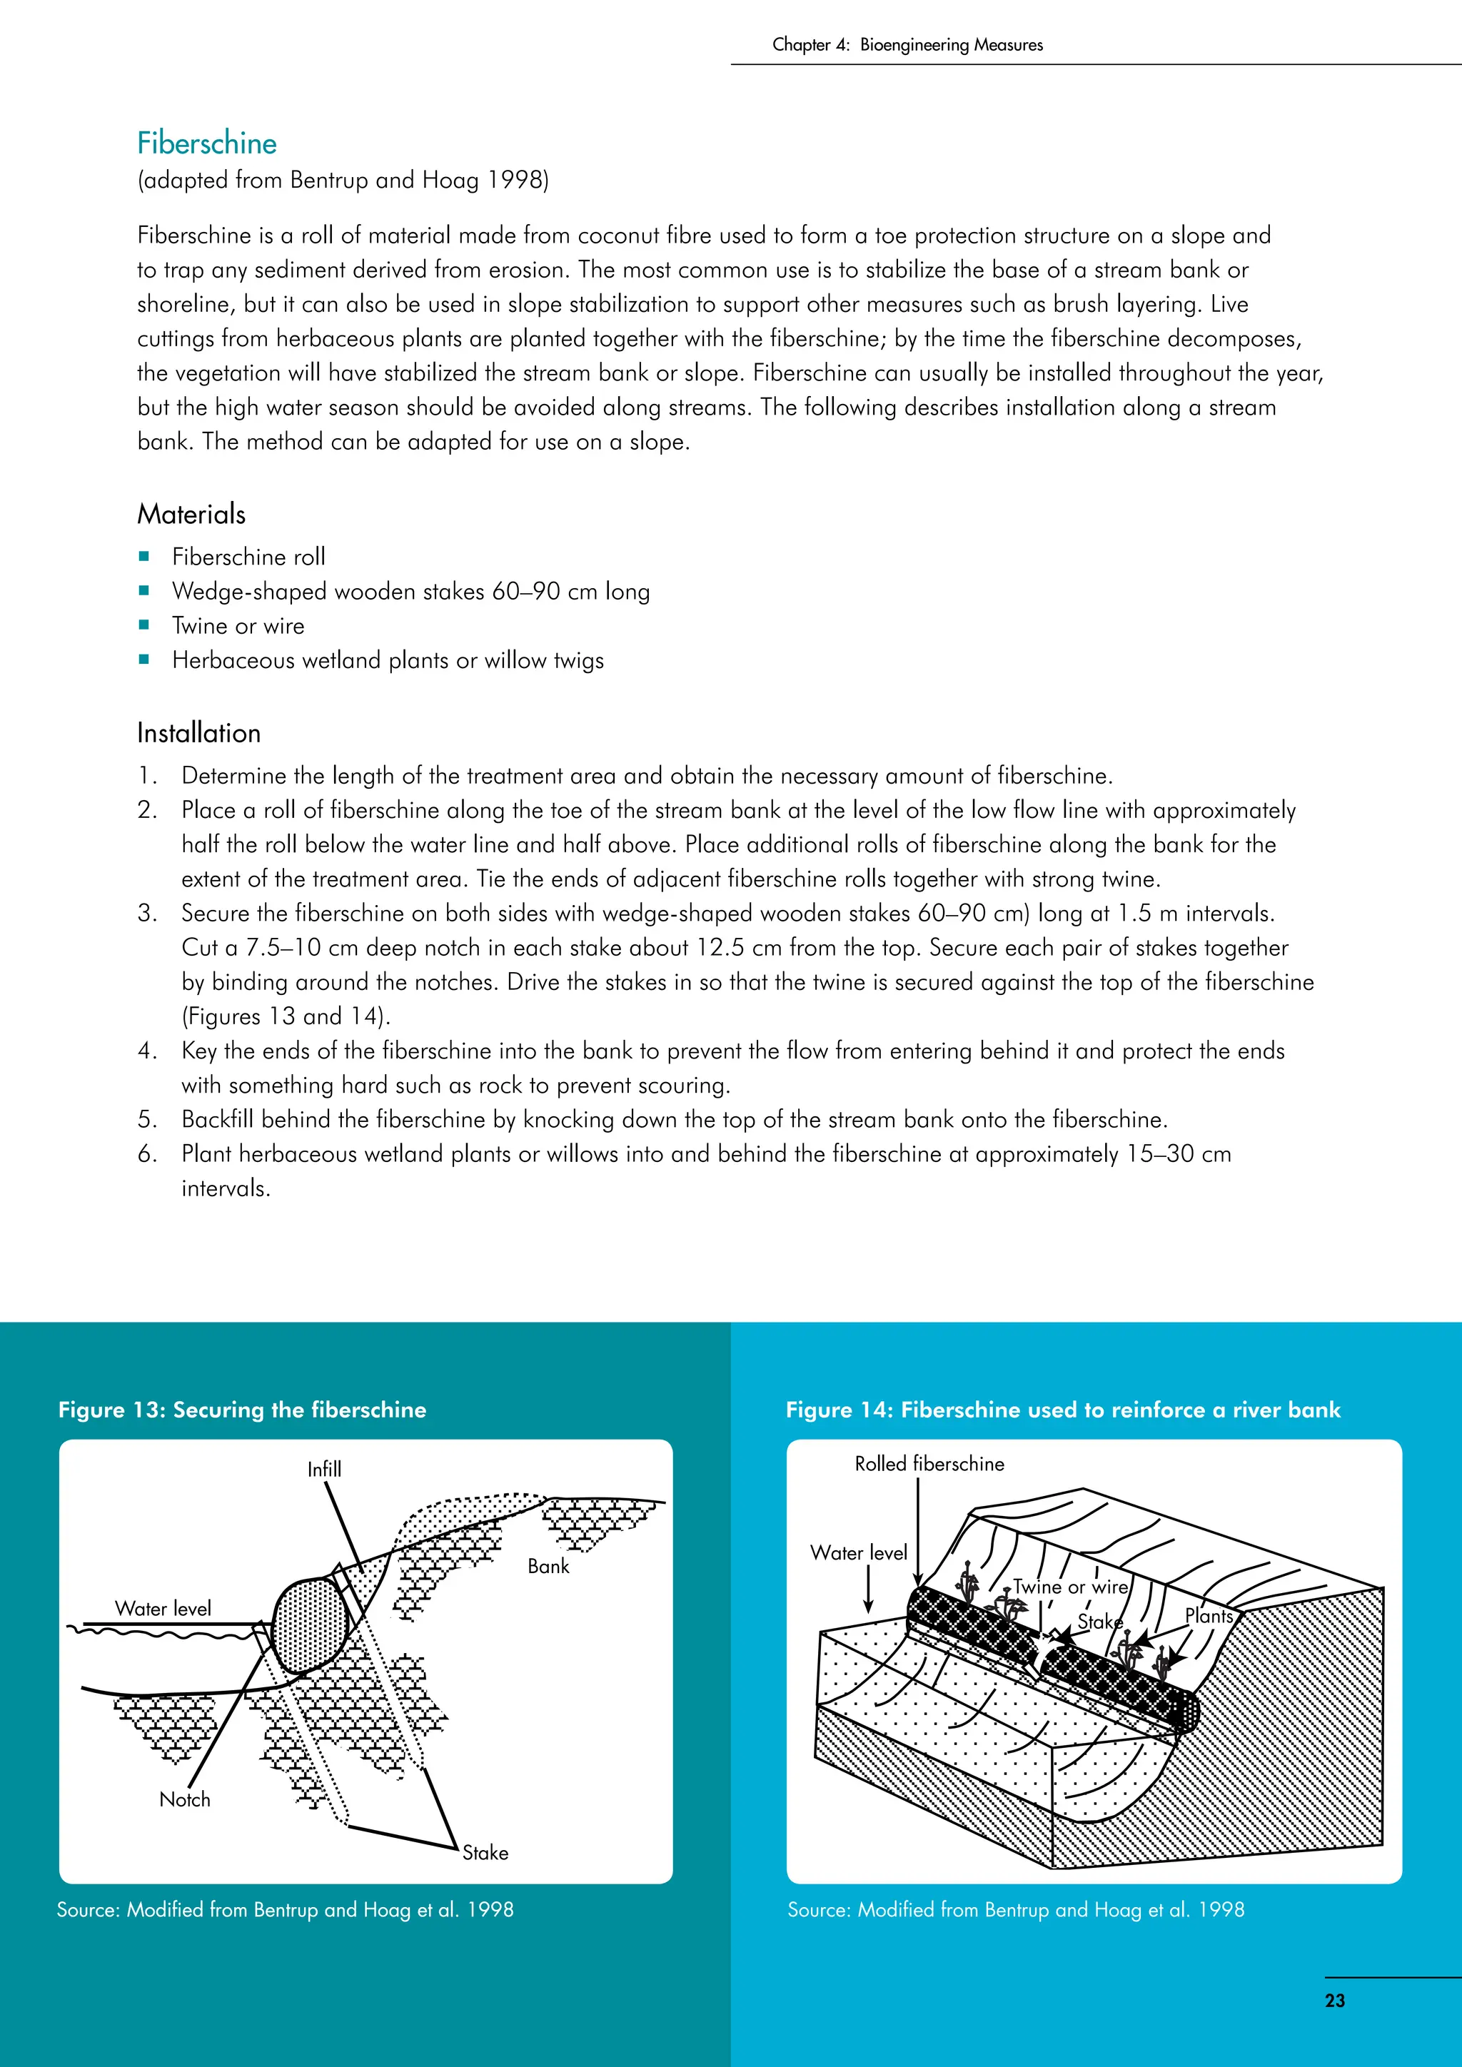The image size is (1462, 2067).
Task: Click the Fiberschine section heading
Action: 206,143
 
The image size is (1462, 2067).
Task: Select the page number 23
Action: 1334,2001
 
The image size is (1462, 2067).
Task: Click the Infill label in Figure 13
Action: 324,1469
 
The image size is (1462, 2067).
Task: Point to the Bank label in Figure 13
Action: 548,1567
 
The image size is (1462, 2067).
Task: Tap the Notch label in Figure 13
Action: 185,1799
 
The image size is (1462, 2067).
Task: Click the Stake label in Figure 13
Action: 485,1853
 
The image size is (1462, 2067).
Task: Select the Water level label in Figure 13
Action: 163,1609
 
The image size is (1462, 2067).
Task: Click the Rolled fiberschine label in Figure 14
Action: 929,1464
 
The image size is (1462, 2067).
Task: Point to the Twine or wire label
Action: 1069,1587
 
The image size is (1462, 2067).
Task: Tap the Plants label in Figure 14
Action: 1208,1616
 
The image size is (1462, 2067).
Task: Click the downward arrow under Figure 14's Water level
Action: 868,1591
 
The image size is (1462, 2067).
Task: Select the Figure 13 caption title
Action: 242,1410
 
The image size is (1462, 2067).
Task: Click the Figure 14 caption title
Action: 1062,1410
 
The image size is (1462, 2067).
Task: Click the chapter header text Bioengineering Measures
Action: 951,45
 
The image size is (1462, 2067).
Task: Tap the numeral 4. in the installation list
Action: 148,1051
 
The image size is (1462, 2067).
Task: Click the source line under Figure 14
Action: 1016,1909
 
